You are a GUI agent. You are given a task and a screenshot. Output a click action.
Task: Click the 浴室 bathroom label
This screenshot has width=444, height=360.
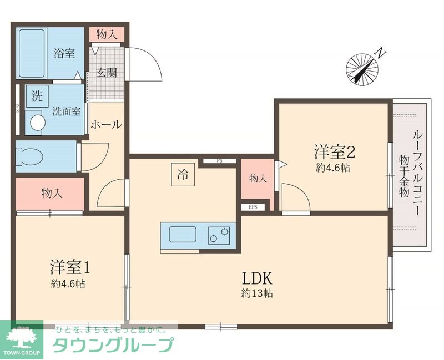[x=64, y=54]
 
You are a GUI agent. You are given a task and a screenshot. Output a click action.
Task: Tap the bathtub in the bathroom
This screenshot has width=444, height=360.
[x=32, y=53]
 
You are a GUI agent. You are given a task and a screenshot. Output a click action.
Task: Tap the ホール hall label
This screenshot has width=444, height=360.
[x=105, y=124]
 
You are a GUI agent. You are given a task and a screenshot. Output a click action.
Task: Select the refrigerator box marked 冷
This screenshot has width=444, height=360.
[x=182, y=176]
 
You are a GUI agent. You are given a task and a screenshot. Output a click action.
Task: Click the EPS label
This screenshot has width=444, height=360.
[x=253, y=207]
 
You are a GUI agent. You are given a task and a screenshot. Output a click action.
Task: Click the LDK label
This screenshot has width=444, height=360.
[x=257, y=277]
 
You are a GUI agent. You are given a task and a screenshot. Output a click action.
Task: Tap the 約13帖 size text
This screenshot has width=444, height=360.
[x=257, y=294]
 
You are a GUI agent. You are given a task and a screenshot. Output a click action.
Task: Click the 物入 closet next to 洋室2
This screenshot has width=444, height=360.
[x=258, y=179]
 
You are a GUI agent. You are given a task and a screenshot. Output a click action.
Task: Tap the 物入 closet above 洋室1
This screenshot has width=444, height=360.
[x=52, y=194]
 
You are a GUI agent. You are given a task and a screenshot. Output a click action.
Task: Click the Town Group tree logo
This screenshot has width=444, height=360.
[x=21, y=336]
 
